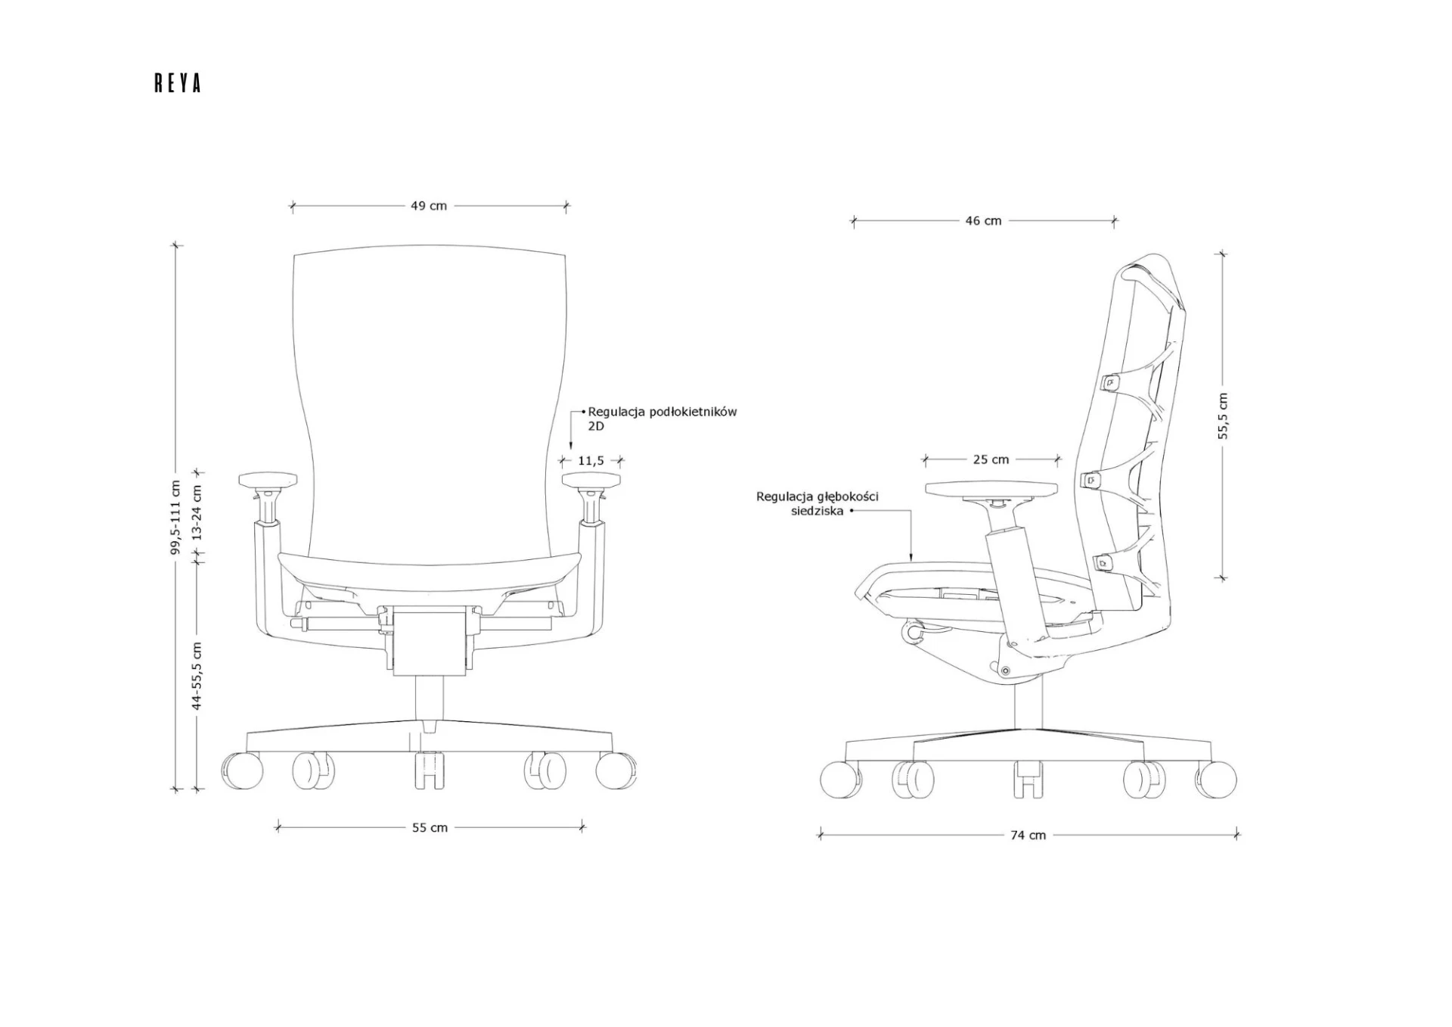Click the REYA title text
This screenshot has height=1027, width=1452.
click(178, 83)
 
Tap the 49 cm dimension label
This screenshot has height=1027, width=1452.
click(429, 206)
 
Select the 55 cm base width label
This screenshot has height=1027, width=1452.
click(430, 828)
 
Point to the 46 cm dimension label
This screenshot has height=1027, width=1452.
click(983, 221)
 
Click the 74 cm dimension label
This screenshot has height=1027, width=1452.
click(1028, 836)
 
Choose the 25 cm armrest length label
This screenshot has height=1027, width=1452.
click(991, 459)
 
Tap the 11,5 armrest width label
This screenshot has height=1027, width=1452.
click(591, 460)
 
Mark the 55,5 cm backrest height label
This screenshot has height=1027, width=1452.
click(1223, 416)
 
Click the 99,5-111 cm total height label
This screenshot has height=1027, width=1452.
click(175, 518)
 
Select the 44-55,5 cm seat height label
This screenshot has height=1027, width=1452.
click(197, 676)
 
